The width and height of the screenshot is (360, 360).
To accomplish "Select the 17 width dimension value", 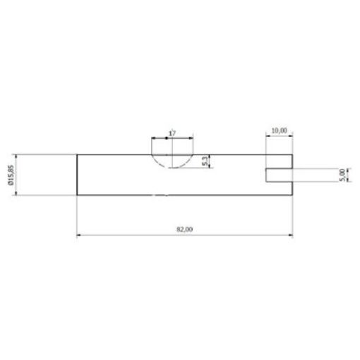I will pyautogui.click(x=172, y=132).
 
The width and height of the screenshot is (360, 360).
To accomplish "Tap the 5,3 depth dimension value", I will pyautogui.click(x=204, y=162).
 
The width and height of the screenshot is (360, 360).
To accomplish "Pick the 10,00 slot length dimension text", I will pyautogui.click(x=279, y=130).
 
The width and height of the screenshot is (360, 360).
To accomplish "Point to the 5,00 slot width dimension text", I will pyautogui.click(x=342, y=174).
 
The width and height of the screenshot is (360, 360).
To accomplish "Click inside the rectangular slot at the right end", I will pyautogui.click(x=280, y=174).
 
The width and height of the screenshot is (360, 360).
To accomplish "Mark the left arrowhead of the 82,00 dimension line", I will pyautogui.click(x=79, y=236).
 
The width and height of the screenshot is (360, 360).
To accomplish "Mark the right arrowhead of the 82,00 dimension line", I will pyautogui.click(x=290, y=236).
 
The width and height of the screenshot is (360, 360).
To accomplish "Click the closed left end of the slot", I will pyautogui.click(x=266, y=174).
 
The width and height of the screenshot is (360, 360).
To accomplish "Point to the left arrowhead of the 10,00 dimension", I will pyautogui.click(x=268, y=136).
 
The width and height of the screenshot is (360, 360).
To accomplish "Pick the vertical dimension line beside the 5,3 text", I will pyautogui.click(x=209, y=161).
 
